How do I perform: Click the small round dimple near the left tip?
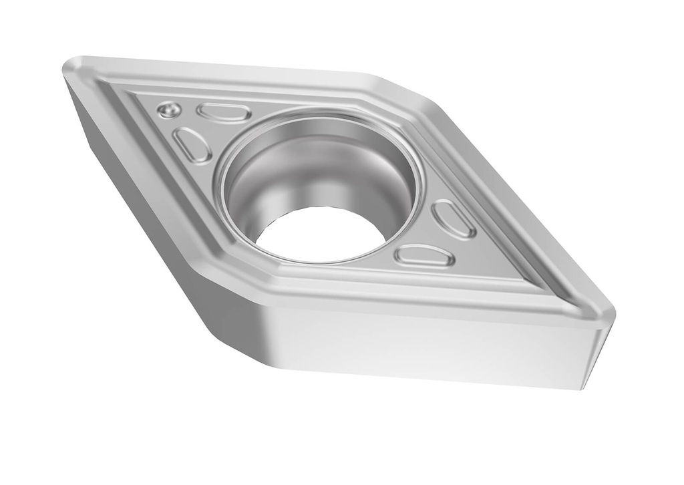[170, 109]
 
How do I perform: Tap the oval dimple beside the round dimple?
[224, 113]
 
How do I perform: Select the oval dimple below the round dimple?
[192, 144]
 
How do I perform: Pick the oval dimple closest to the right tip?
[454, 218]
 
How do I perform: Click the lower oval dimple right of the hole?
[424, 255]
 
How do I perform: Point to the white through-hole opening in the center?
[321, 234]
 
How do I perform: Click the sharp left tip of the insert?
[67, 67]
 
